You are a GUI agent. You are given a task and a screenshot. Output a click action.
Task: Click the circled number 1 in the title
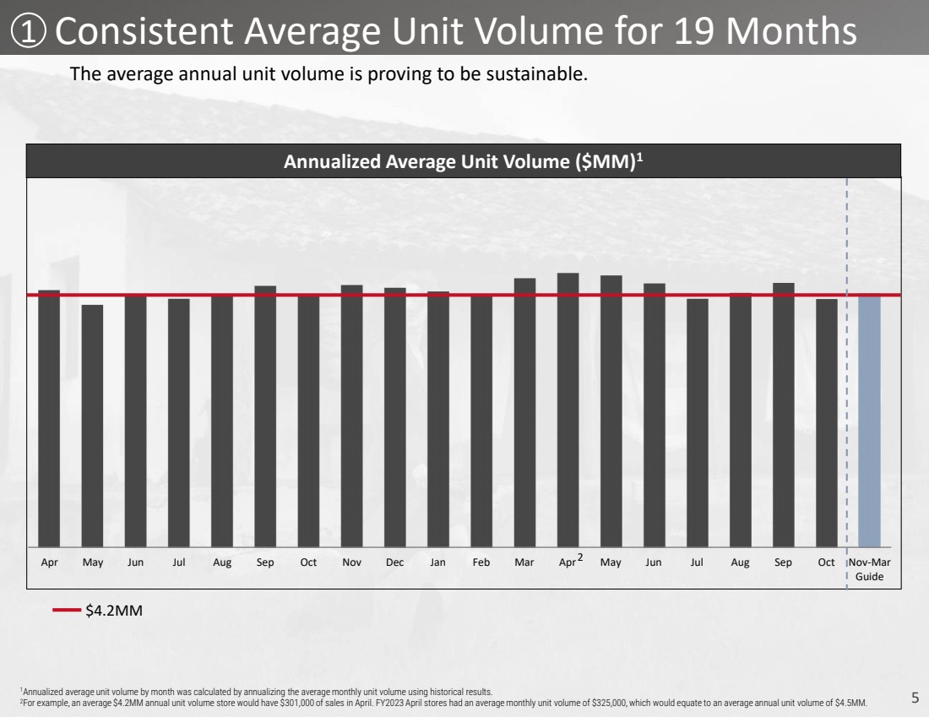coord(29,30)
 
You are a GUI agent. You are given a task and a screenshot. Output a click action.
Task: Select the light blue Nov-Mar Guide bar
coord(869,421)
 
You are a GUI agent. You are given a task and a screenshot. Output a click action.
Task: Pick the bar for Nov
coord(352,416)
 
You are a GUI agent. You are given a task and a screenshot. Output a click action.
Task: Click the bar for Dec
coord(395,417)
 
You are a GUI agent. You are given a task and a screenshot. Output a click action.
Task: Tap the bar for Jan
coord(438,419)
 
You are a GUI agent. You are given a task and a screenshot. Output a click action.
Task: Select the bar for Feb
coord(481,421)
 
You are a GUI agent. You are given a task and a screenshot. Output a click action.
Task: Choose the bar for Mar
coord(525,412)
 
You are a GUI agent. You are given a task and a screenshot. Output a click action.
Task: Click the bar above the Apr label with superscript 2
coord(568,410)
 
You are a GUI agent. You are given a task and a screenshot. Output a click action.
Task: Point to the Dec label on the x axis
coord(394,562)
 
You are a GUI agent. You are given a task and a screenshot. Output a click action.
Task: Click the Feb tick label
coord(481,562)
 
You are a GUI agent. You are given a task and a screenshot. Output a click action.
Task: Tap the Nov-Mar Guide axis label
coord(869,569)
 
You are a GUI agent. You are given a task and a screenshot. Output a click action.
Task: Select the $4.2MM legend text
coord(114,611)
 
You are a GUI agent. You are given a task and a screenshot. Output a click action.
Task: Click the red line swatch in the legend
coord(67,610)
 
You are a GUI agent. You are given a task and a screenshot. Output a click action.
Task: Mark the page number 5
coord(915,698)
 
